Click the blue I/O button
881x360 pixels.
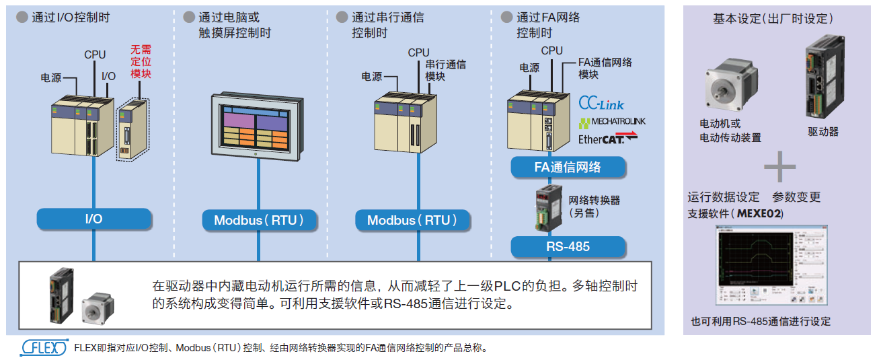[93, 219]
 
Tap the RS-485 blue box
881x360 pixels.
[568, 246]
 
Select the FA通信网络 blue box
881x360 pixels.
[568, 168]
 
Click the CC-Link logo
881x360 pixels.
[601, 104]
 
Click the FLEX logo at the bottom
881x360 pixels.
[44, 347]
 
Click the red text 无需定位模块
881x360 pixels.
[141, 61]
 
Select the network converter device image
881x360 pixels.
[546, 209]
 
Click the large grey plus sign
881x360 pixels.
[779, 168]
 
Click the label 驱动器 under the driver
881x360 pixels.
[823, 132]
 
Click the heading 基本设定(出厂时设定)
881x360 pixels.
[773, 18]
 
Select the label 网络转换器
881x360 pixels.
[595, 200]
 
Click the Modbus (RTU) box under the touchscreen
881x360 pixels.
[259, 220]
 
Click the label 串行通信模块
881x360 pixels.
[445, 70]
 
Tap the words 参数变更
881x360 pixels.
[796, 197]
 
